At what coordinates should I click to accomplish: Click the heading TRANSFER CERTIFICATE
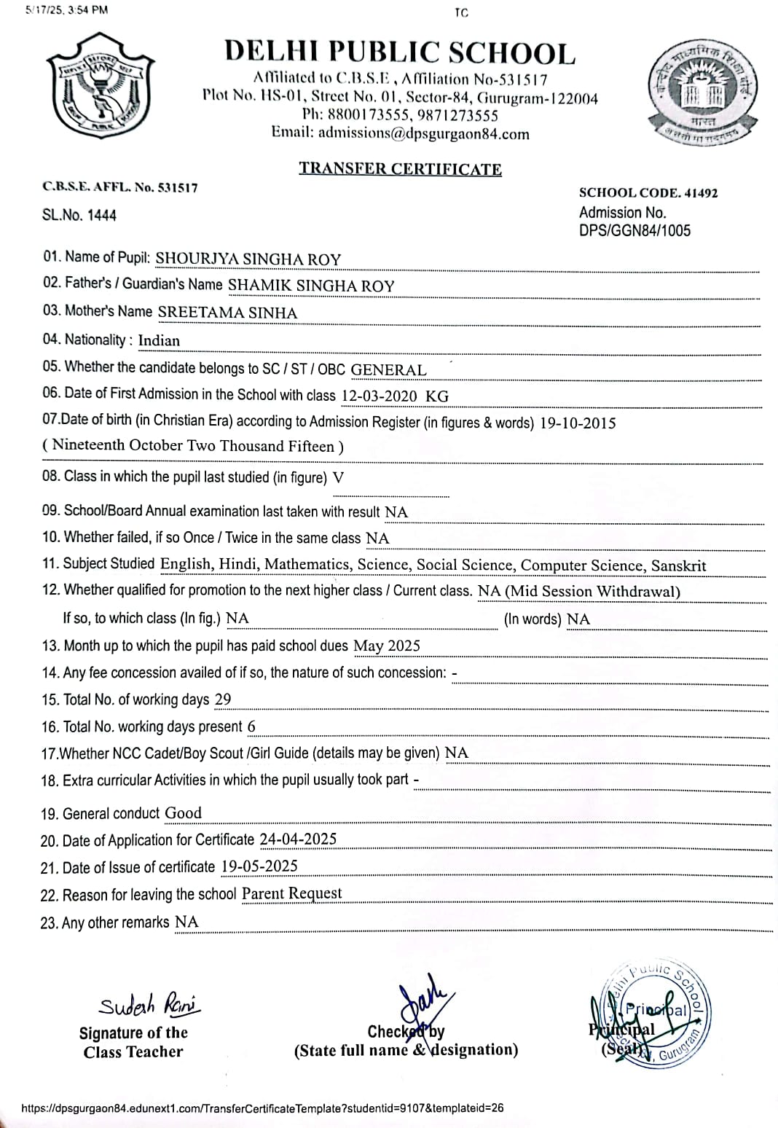400,169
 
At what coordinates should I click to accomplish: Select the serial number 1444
101,216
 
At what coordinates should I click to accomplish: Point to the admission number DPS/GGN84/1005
634,231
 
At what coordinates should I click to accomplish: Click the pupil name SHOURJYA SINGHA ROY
248,259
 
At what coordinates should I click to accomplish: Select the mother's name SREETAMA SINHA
227,313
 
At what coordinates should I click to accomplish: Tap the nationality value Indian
159,340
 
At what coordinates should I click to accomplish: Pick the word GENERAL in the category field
388,369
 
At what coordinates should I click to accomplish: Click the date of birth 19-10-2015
578,423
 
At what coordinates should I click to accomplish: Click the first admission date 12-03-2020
379,396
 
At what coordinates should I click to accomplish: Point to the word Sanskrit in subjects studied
678,565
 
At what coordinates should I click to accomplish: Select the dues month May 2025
386,646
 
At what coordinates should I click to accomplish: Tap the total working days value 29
223,700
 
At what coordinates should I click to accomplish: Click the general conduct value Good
183,813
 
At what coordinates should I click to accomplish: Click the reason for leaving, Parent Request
291,893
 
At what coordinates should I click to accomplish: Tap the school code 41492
701,193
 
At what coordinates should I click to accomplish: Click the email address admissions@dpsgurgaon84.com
423,133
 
